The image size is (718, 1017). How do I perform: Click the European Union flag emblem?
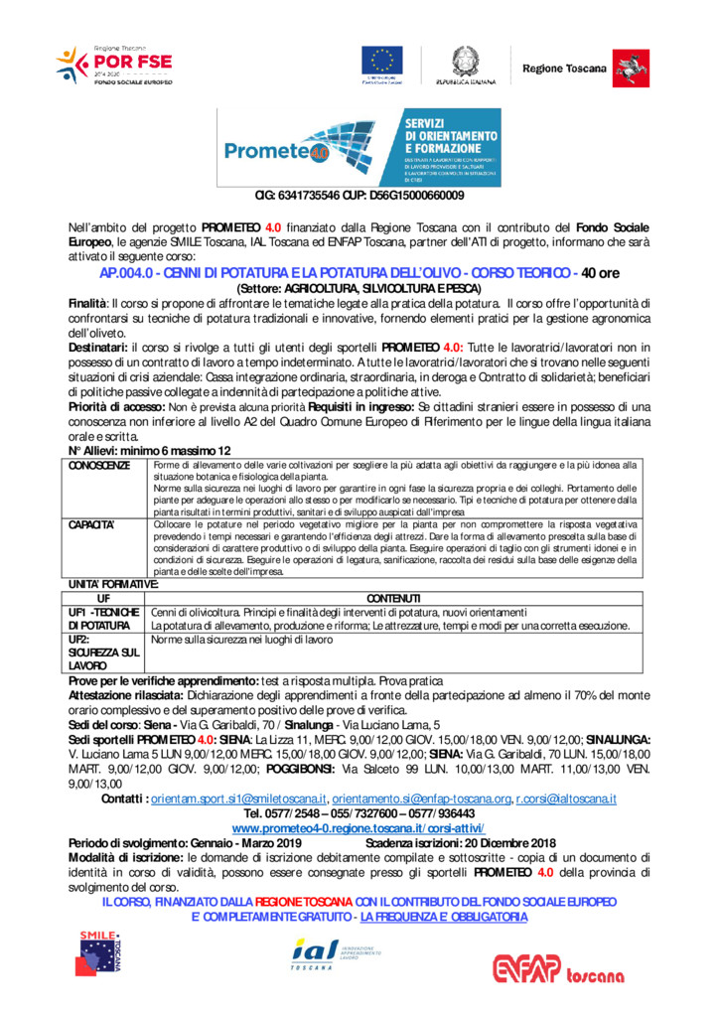pyautogui.click(x=381, y=60)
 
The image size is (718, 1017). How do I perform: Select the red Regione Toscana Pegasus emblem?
pyautogui.click(x=626, y=68)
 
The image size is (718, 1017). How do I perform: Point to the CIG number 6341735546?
pyautogui.click(x=303, y=196)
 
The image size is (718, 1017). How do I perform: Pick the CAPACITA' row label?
pyautogui.click(x=92, y=523)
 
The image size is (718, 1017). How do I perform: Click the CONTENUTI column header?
pyautogui.click(x=394, y=598)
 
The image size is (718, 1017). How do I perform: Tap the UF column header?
pyautogui.click(x=103, y=598)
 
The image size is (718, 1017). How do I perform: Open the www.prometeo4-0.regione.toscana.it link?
pyautogui.click(x=359, y=827)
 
